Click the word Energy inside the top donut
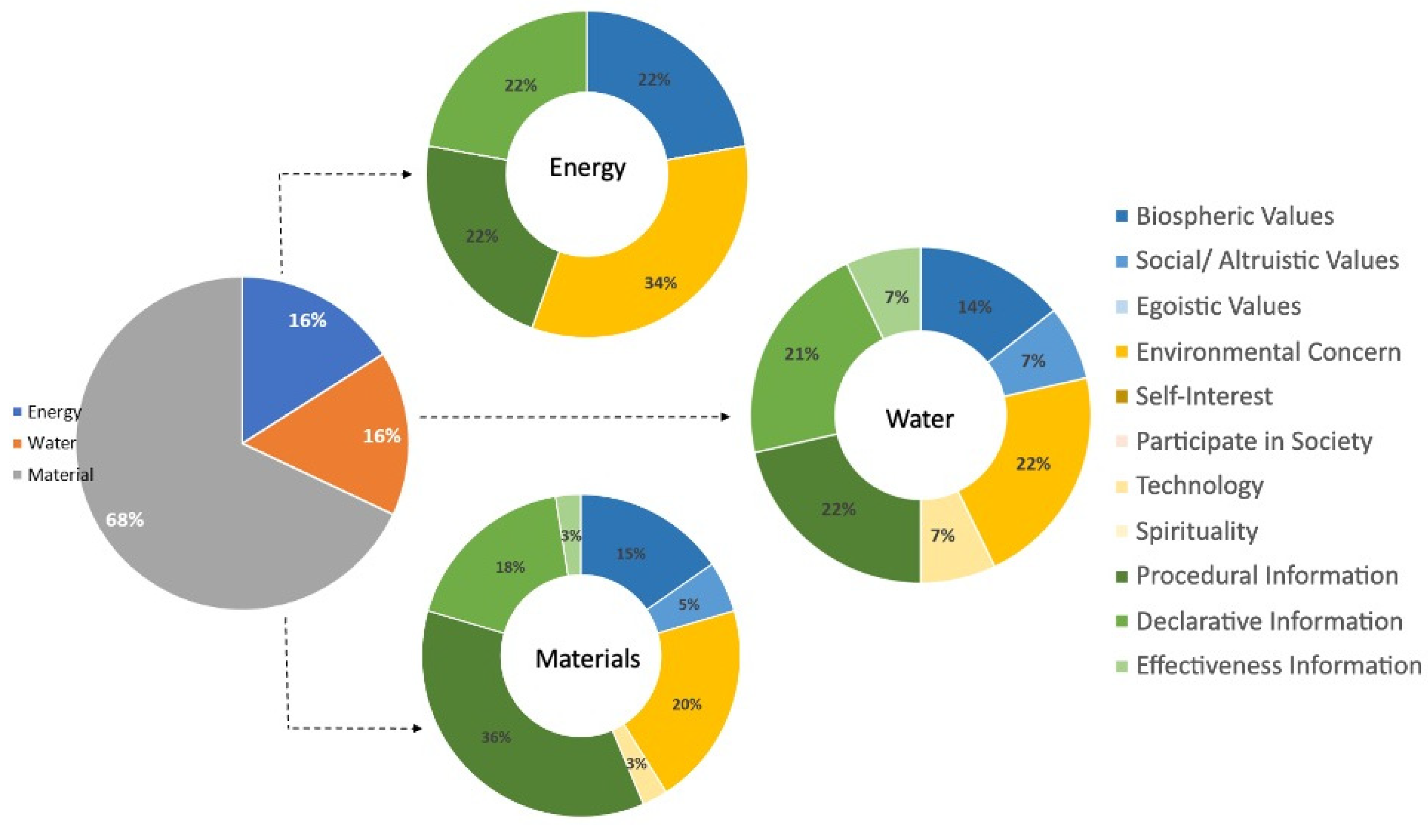(x=588, y=167)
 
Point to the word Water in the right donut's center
(x=919, y=419)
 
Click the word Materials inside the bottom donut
(x=588, y=658)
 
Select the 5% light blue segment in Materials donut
(x=689, y=604)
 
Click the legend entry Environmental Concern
(x=1268, y=352)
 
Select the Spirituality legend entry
(x=1196, y=531)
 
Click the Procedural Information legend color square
(x=1122, y=576)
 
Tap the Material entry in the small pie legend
(x=60, y=474)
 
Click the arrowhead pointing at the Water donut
(x=725, y=417)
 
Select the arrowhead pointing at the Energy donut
(x=407, y=174)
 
